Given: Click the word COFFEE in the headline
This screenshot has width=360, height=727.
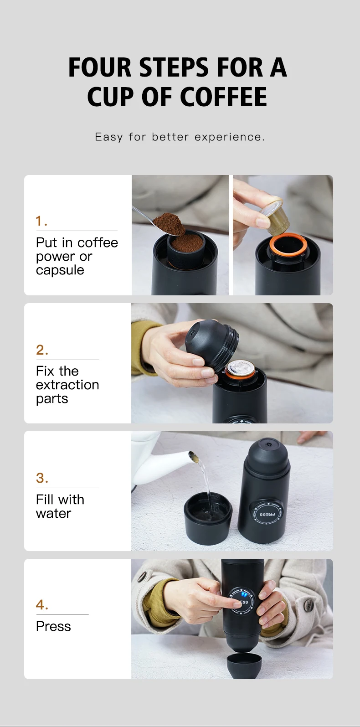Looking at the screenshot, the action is [x=223, y=97].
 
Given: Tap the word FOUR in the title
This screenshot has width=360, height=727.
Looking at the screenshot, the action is [x=100, y=67].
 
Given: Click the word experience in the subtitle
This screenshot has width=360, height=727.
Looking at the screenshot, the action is [x=229, y=137].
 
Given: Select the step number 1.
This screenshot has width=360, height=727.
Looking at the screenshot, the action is [x=41, y=221].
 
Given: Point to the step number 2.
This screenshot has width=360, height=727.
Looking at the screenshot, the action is [x=42, y=350].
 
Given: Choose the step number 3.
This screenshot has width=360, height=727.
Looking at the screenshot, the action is [x=42, y=478].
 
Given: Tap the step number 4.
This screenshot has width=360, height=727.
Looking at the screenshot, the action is [x=42, y=605].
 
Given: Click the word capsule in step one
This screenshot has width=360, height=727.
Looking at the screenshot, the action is [x=60, y=270].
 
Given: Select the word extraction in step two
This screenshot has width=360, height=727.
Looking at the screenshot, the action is [x=67, y=385].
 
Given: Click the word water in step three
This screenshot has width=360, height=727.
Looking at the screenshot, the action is [x=54, y=513].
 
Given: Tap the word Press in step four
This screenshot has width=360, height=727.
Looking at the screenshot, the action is [x=53, y=626].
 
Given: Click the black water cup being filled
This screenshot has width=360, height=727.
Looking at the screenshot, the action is [x=208, y=518].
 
